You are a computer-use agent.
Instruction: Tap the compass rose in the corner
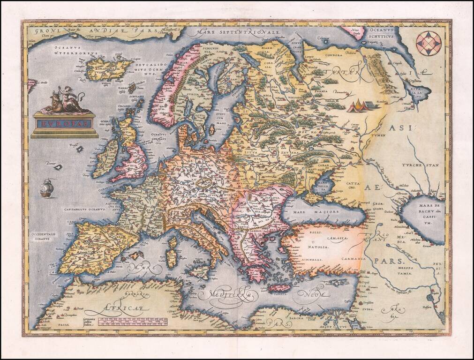[429, 43]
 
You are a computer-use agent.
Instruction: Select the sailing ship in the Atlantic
[46, 188]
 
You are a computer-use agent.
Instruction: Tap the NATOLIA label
[317, 246]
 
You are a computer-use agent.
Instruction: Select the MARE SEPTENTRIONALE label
[240, 32]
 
